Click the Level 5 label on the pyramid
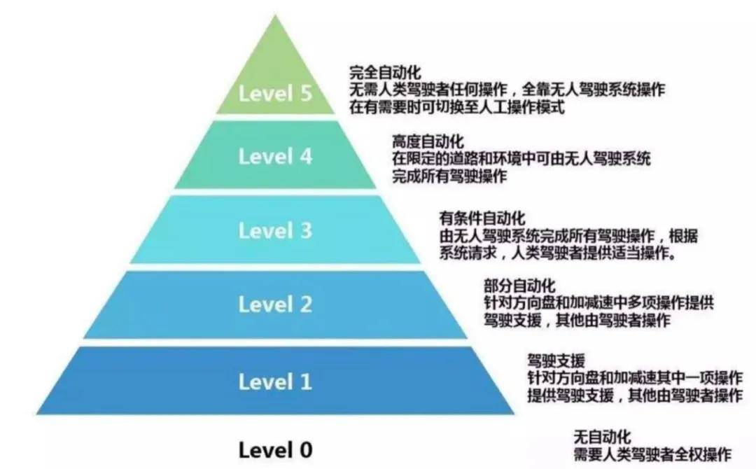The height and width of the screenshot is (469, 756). coord(275,94)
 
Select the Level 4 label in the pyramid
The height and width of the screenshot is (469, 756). coord(275,157)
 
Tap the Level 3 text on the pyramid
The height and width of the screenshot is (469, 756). coord(275,230)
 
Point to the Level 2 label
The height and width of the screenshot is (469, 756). coord(275,304)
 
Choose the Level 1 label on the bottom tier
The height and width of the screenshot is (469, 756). coord(275,381)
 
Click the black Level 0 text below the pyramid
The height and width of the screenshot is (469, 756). coord(275,450)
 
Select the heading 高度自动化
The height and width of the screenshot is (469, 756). coord(428,141)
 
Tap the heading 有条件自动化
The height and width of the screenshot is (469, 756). coord(482,218)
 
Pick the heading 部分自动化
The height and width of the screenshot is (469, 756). coord(519,286)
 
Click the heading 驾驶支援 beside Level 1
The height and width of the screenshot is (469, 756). coord(556,360)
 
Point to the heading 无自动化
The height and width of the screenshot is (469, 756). coord(602,437)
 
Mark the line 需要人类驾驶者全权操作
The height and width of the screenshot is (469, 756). coord(652,454)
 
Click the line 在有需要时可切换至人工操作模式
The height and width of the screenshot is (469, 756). coord(457,106)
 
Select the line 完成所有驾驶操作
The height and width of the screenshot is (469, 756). coord(449,176)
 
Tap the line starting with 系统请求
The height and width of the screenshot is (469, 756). coord(558,253)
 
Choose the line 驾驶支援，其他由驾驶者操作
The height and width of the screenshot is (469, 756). coord(577,320)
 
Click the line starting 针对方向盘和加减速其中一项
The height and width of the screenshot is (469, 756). coord(635,377)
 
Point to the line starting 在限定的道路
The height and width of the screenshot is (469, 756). coord(521,159)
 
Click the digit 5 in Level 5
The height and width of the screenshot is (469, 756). coord(306,94)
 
